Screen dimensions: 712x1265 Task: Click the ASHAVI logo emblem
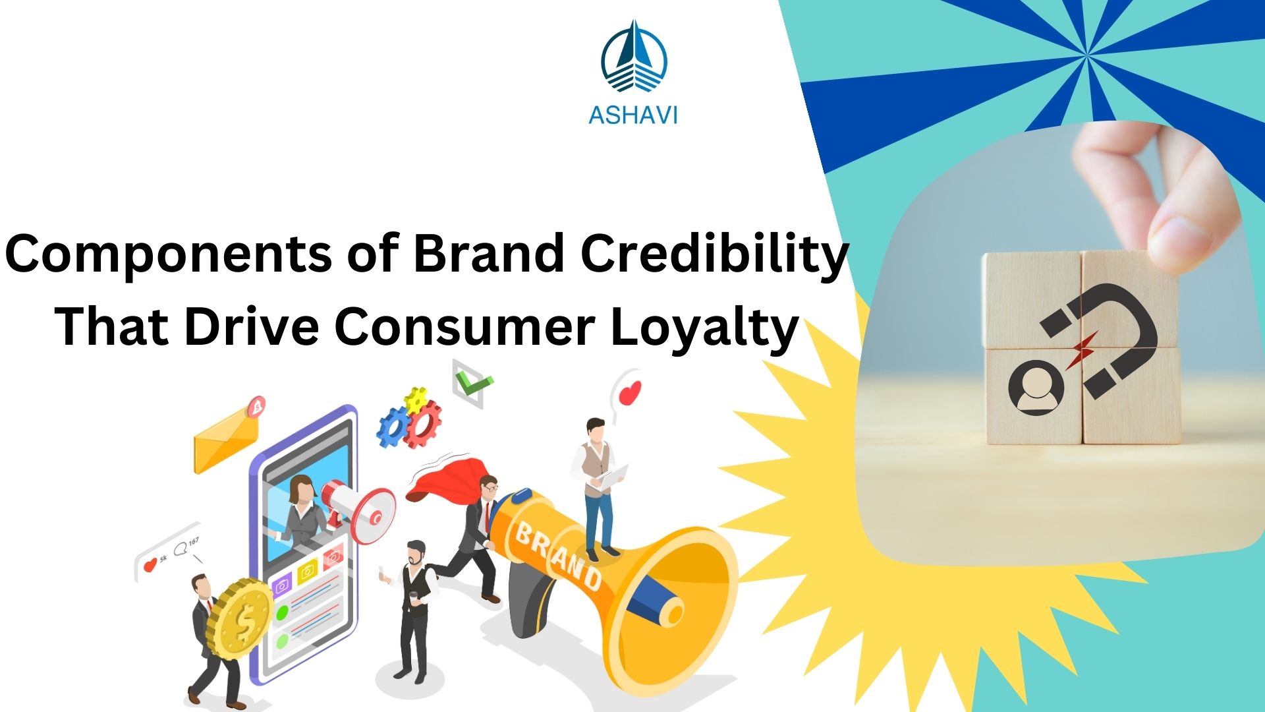point(633,58)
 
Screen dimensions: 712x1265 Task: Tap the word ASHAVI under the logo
point(632,115)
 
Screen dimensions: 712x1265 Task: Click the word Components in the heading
point(169,255)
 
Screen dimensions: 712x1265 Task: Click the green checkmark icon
point(474,383)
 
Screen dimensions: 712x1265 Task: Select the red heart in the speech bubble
point(631,394)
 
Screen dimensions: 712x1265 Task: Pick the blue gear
point(393,427)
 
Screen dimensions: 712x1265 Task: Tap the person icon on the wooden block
point(1036,388)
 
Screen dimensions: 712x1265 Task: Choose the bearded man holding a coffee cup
point(415,607)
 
